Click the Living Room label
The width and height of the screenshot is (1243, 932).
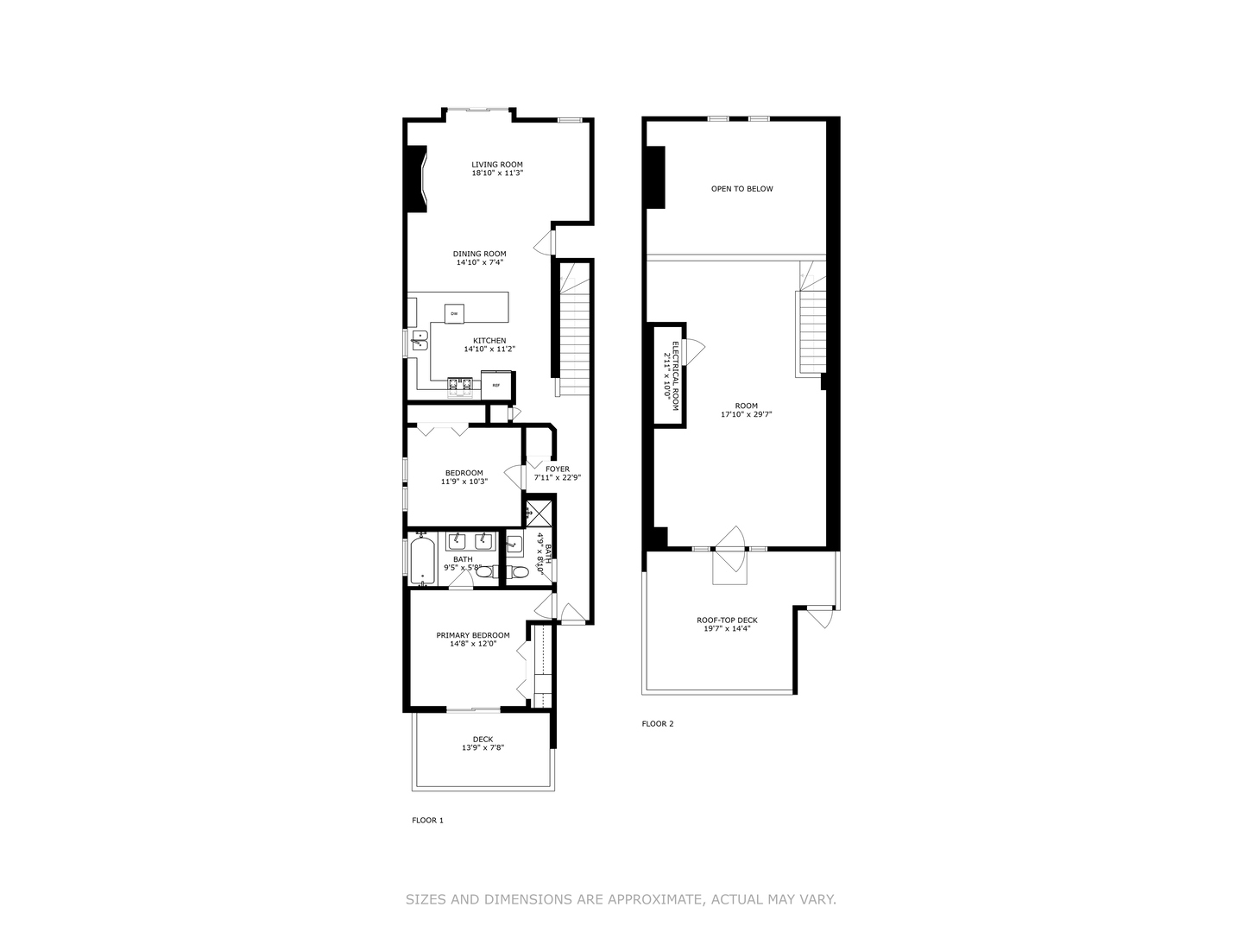click(x=496, y=164)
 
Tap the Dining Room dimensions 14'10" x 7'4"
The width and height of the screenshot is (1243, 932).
click(x=479, y=262)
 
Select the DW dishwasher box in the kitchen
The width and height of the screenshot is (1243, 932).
click(x=454, y=313)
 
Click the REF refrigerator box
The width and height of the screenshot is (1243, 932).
click(x=497, y=385)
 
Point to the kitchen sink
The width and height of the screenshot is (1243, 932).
click(x=419, y=340)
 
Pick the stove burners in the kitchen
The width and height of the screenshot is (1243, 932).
click(x=459, y=386)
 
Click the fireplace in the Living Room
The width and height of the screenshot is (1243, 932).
click(x=417, y=179)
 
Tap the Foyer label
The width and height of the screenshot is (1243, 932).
click(x=557, y=469)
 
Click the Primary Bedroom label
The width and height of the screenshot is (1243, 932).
click(x=472, y=635)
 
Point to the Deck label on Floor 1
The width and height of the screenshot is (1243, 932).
click(x=483, y=739)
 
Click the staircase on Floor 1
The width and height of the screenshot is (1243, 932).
click(x=574, y=328)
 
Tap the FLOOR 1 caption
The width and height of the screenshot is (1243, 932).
click(x=427, y=821)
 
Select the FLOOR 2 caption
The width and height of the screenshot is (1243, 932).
click(x=658, y=724)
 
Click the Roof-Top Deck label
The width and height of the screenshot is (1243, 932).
click(x=727, y=620)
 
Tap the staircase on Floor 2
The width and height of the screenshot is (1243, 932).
click(x=810, y=332)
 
